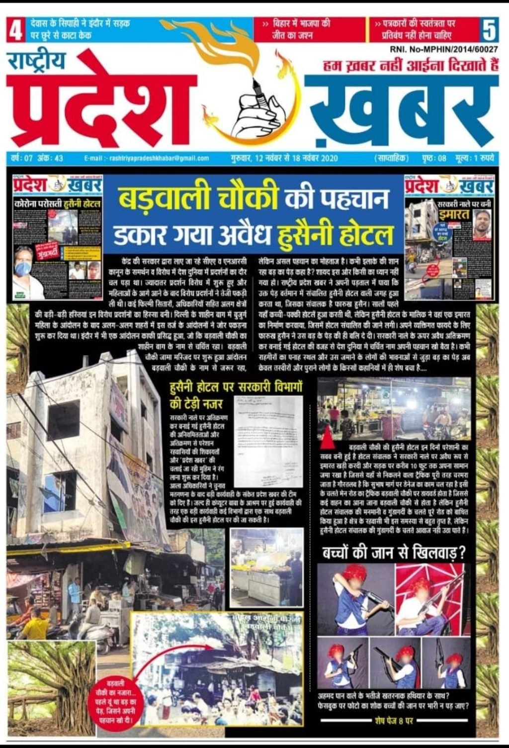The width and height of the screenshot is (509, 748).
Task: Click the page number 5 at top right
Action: pos(489,30)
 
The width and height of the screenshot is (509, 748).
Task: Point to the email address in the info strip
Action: pos(147,159)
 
